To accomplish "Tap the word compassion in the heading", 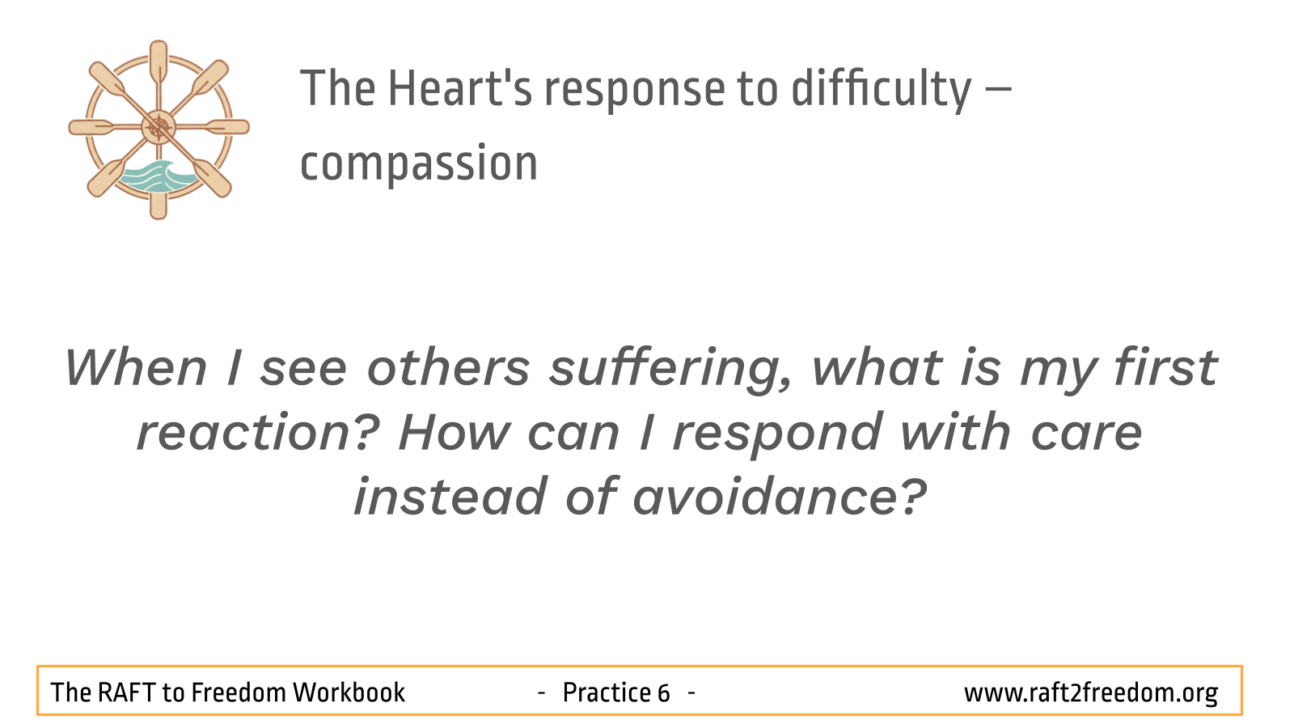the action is click(419, 163).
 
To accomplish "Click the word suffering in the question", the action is click(670, 370).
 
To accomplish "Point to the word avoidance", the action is click(780, 497).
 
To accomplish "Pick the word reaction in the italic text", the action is click(258, 432).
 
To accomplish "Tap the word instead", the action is click(450, 497).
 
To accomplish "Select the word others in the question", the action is click(448, 367).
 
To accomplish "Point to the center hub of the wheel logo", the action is click(159, 127).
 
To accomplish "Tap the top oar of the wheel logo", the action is click(159, 65).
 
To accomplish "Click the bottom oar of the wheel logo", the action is click(159, 197).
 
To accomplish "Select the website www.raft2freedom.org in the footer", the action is click(1091, 692).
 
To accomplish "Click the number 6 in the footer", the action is click(663, 692).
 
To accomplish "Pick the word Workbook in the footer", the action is click(349, 692).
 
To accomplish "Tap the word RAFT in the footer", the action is click(125, 692).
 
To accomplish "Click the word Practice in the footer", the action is click(607, 692).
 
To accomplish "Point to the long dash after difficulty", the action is click(998, 90).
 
